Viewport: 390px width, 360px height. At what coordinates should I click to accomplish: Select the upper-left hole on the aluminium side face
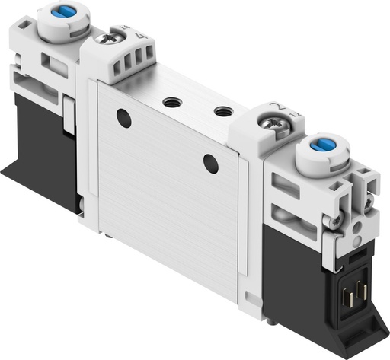pos(123,118)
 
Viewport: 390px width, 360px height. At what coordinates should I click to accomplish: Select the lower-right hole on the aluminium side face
pos(210,162)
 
